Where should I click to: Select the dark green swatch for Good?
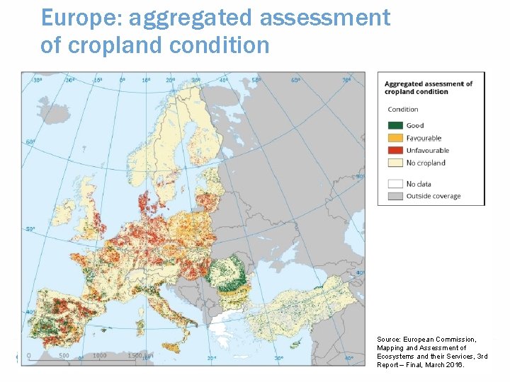pos(395,126)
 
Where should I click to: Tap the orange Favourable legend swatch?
pos(395,138)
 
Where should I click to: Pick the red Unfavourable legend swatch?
pos(395,150)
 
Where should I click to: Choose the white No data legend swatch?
pos(395,184)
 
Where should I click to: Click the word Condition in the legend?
pos(403,109)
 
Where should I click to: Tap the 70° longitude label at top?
pos(346,81)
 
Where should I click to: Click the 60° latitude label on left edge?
pos(30,142)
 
